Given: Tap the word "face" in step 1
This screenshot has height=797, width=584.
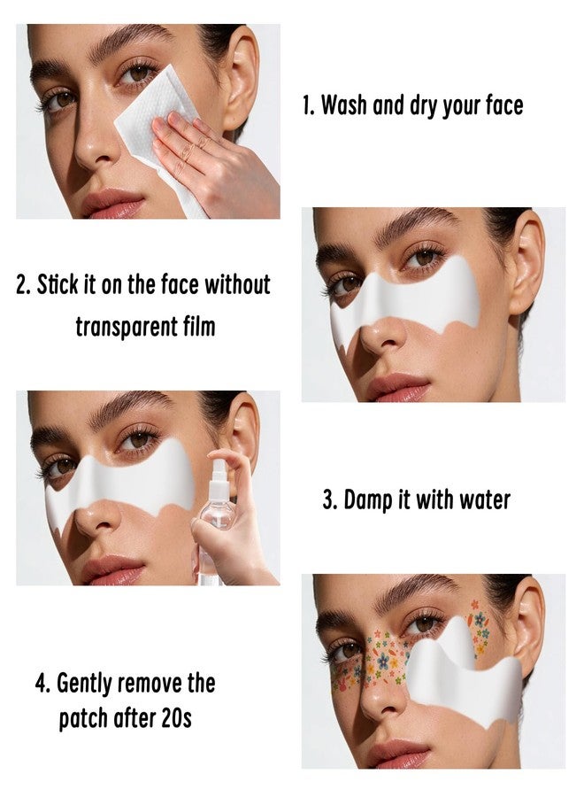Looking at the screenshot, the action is pos(504,105).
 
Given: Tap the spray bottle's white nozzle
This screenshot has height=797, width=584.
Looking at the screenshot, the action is pos(219,477).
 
